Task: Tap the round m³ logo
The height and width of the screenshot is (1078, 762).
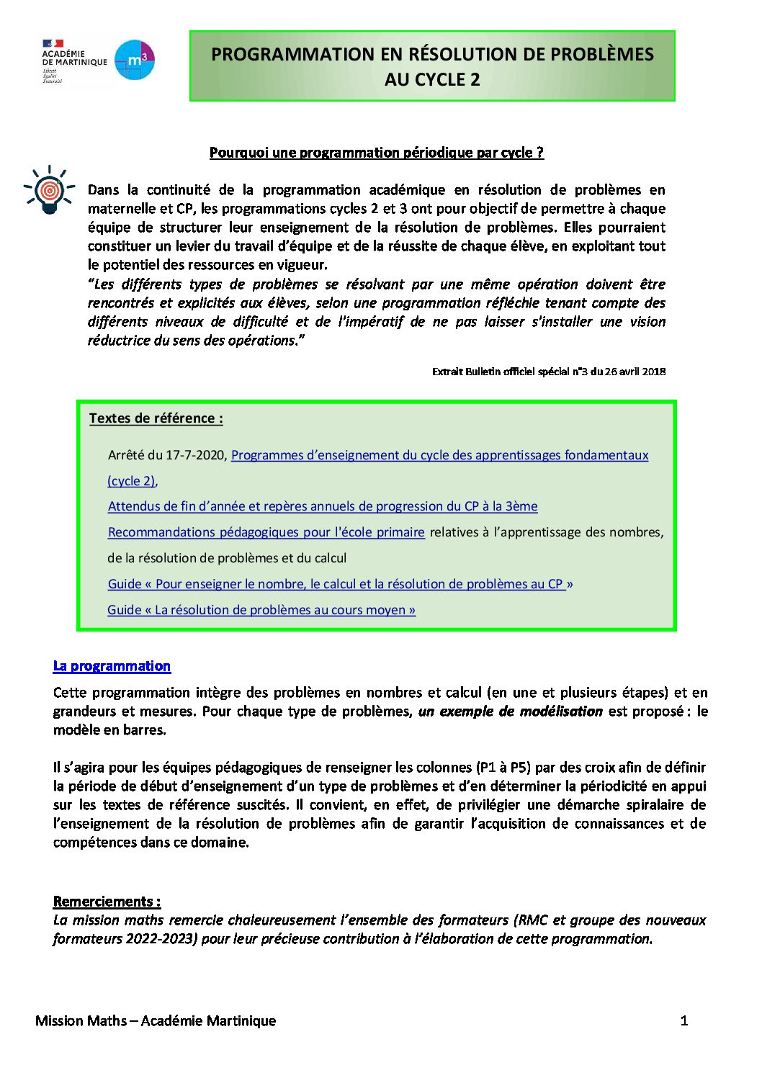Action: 135,60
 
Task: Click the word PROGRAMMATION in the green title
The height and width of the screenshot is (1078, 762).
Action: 292,55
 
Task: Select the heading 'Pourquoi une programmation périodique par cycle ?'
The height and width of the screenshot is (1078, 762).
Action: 376,153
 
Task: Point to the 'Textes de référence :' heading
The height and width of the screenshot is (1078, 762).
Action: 156,418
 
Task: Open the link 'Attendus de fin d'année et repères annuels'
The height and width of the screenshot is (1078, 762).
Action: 322,506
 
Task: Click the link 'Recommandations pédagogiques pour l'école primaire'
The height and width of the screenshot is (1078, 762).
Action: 266,532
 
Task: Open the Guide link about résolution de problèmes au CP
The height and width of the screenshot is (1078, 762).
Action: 340,584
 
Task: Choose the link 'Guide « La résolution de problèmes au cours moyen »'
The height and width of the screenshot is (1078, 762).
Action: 261,610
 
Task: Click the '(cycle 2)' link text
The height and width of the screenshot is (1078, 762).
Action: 132,481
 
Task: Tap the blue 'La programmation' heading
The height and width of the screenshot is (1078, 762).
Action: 112,666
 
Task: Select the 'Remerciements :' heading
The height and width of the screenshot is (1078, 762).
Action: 107,902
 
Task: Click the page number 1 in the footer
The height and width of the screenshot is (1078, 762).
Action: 684,1020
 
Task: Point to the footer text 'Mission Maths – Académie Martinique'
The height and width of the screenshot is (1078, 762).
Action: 156,1020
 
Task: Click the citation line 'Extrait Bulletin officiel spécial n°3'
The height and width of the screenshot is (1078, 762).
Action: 548,372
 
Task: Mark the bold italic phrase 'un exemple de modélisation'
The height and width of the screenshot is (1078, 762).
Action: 510,711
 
